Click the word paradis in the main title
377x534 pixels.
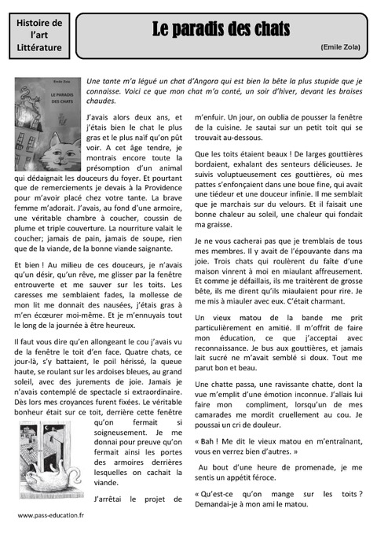(x=203, y=30)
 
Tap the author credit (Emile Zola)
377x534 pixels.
(x=340, y=47)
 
